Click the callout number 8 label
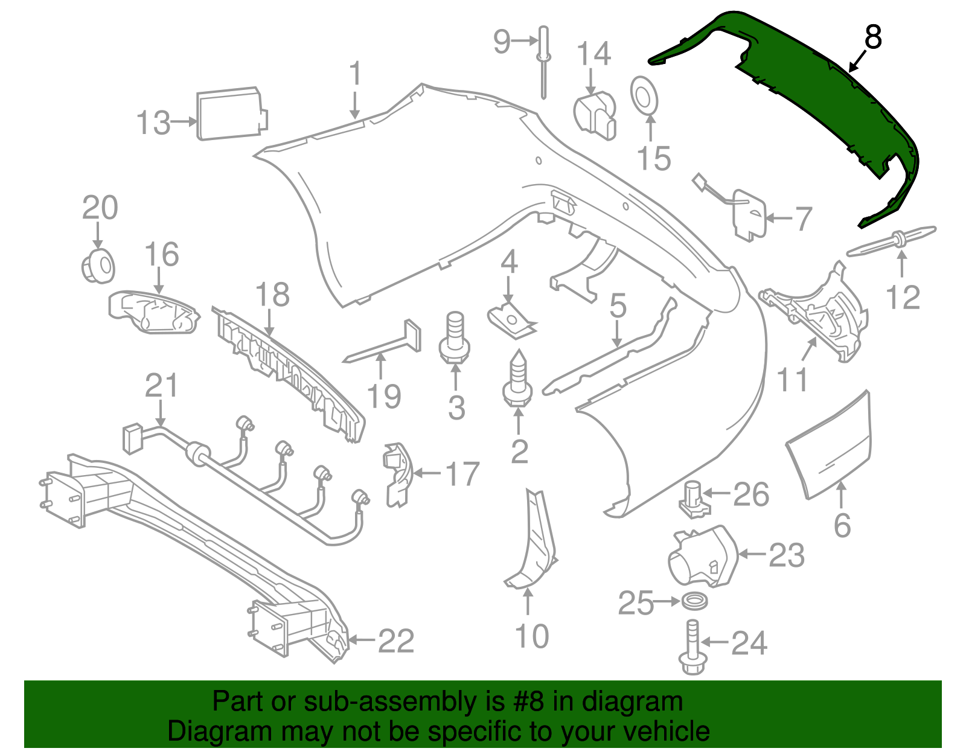(x=873, y=37)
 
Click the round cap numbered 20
(x=98, y=266)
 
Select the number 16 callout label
(x=162, y=255)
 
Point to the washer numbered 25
(x=694, y=601)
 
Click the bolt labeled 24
(x=692, y=649)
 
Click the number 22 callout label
(x=396, y=641)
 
